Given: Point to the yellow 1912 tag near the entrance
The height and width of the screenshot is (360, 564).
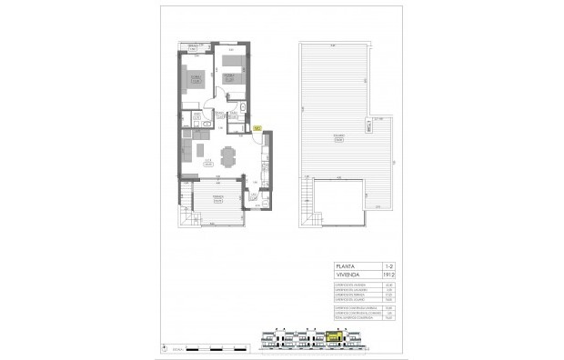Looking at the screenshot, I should [257, 128].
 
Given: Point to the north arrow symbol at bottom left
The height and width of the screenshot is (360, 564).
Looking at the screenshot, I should [166, 347].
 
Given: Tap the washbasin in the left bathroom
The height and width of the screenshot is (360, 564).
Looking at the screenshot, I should [206, 121].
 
